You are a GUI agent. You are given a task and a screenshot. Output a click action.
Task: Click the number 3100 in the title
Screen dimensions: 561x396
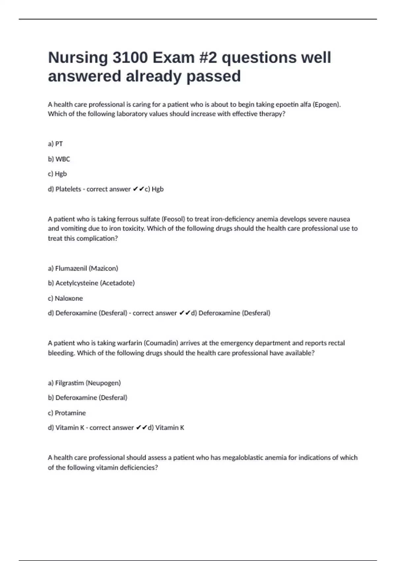[130, 58]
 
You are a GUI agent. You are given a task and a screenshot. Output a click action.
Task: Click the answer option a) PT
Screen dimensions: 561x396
[55, 144]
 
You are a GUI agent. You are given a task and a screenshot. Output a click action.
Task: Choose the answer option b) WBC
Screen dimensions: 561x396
[59, 159]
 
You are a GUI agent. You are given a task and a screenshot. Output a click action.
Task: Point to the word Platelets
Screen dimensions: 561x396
[68, 189]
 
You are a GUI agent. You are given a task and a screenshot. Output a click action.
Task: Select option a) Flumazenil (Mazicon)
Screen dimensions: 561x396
[83, 268]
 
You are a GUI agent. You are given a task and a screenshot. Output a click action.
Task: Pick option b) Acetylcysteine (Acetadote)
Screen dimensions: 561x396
[91, 283]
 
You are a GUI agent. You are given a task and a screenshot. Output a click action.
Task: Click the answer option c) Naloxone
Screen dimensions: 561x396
[65, 298]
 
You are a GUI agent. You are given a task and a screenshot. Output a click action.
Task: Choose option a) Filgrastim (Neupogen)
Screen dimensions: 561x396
[84, 383]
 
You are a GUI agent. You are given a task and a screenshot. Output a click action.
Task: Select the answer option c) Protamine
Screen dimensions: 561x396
[67, 413]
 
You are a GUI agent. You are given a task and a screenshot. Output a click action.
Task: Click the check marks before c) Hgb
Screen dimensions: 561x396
[138, 189]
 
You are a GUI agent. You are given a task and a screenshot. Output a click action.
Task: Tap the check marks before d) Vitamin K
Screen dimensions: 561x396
[141, 428]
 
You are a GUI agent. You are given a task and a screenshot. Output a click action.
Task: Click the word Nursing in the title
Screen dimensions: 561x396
[78, 58]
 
